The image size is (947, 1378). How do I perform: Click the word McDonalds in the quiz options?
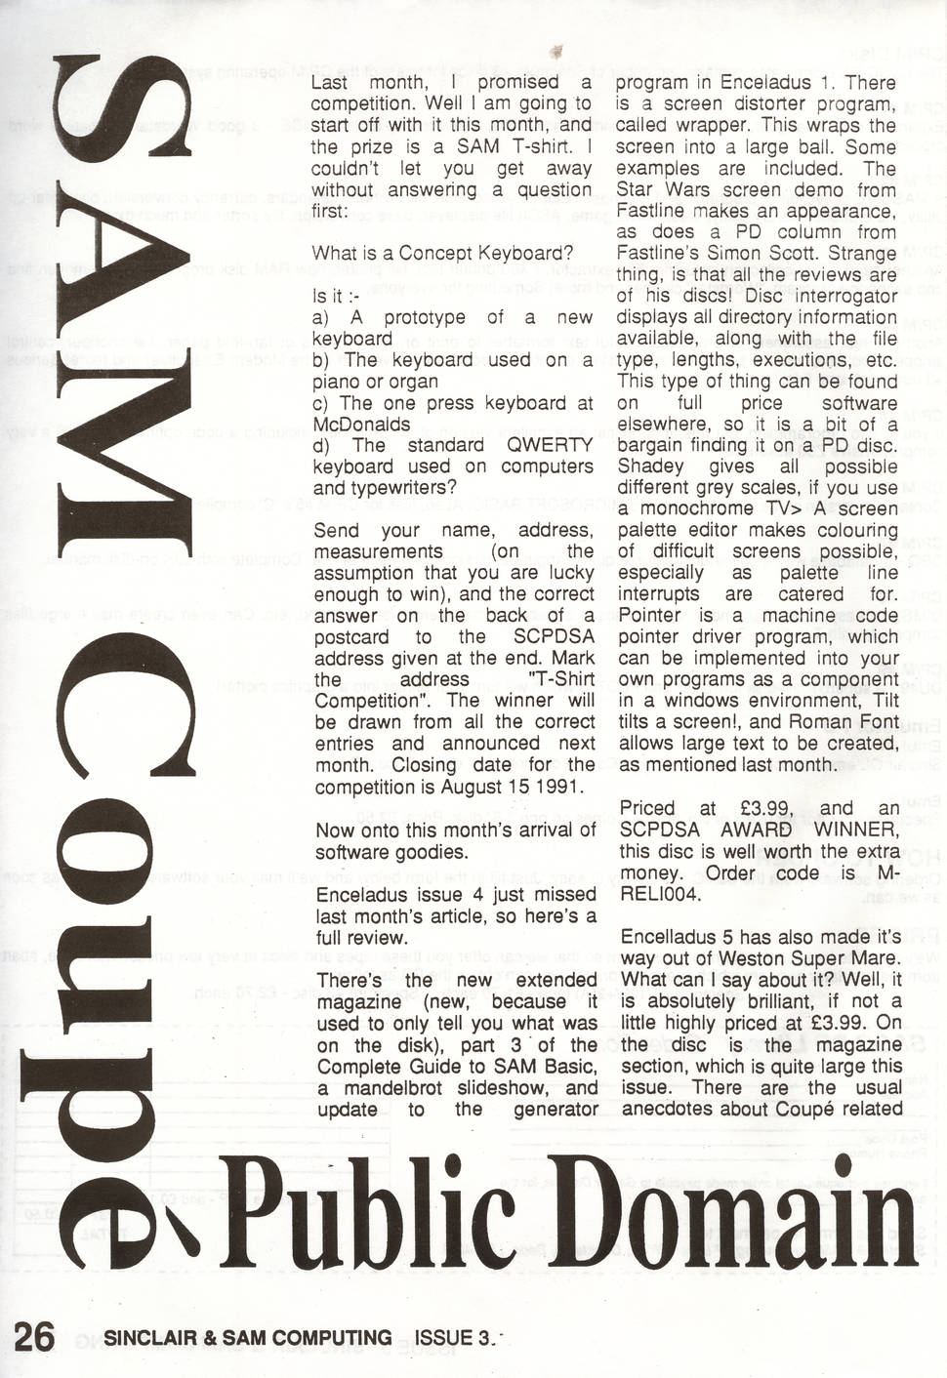[362, 425]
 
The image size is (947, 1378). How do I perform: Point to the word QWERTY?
[557, 445]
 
